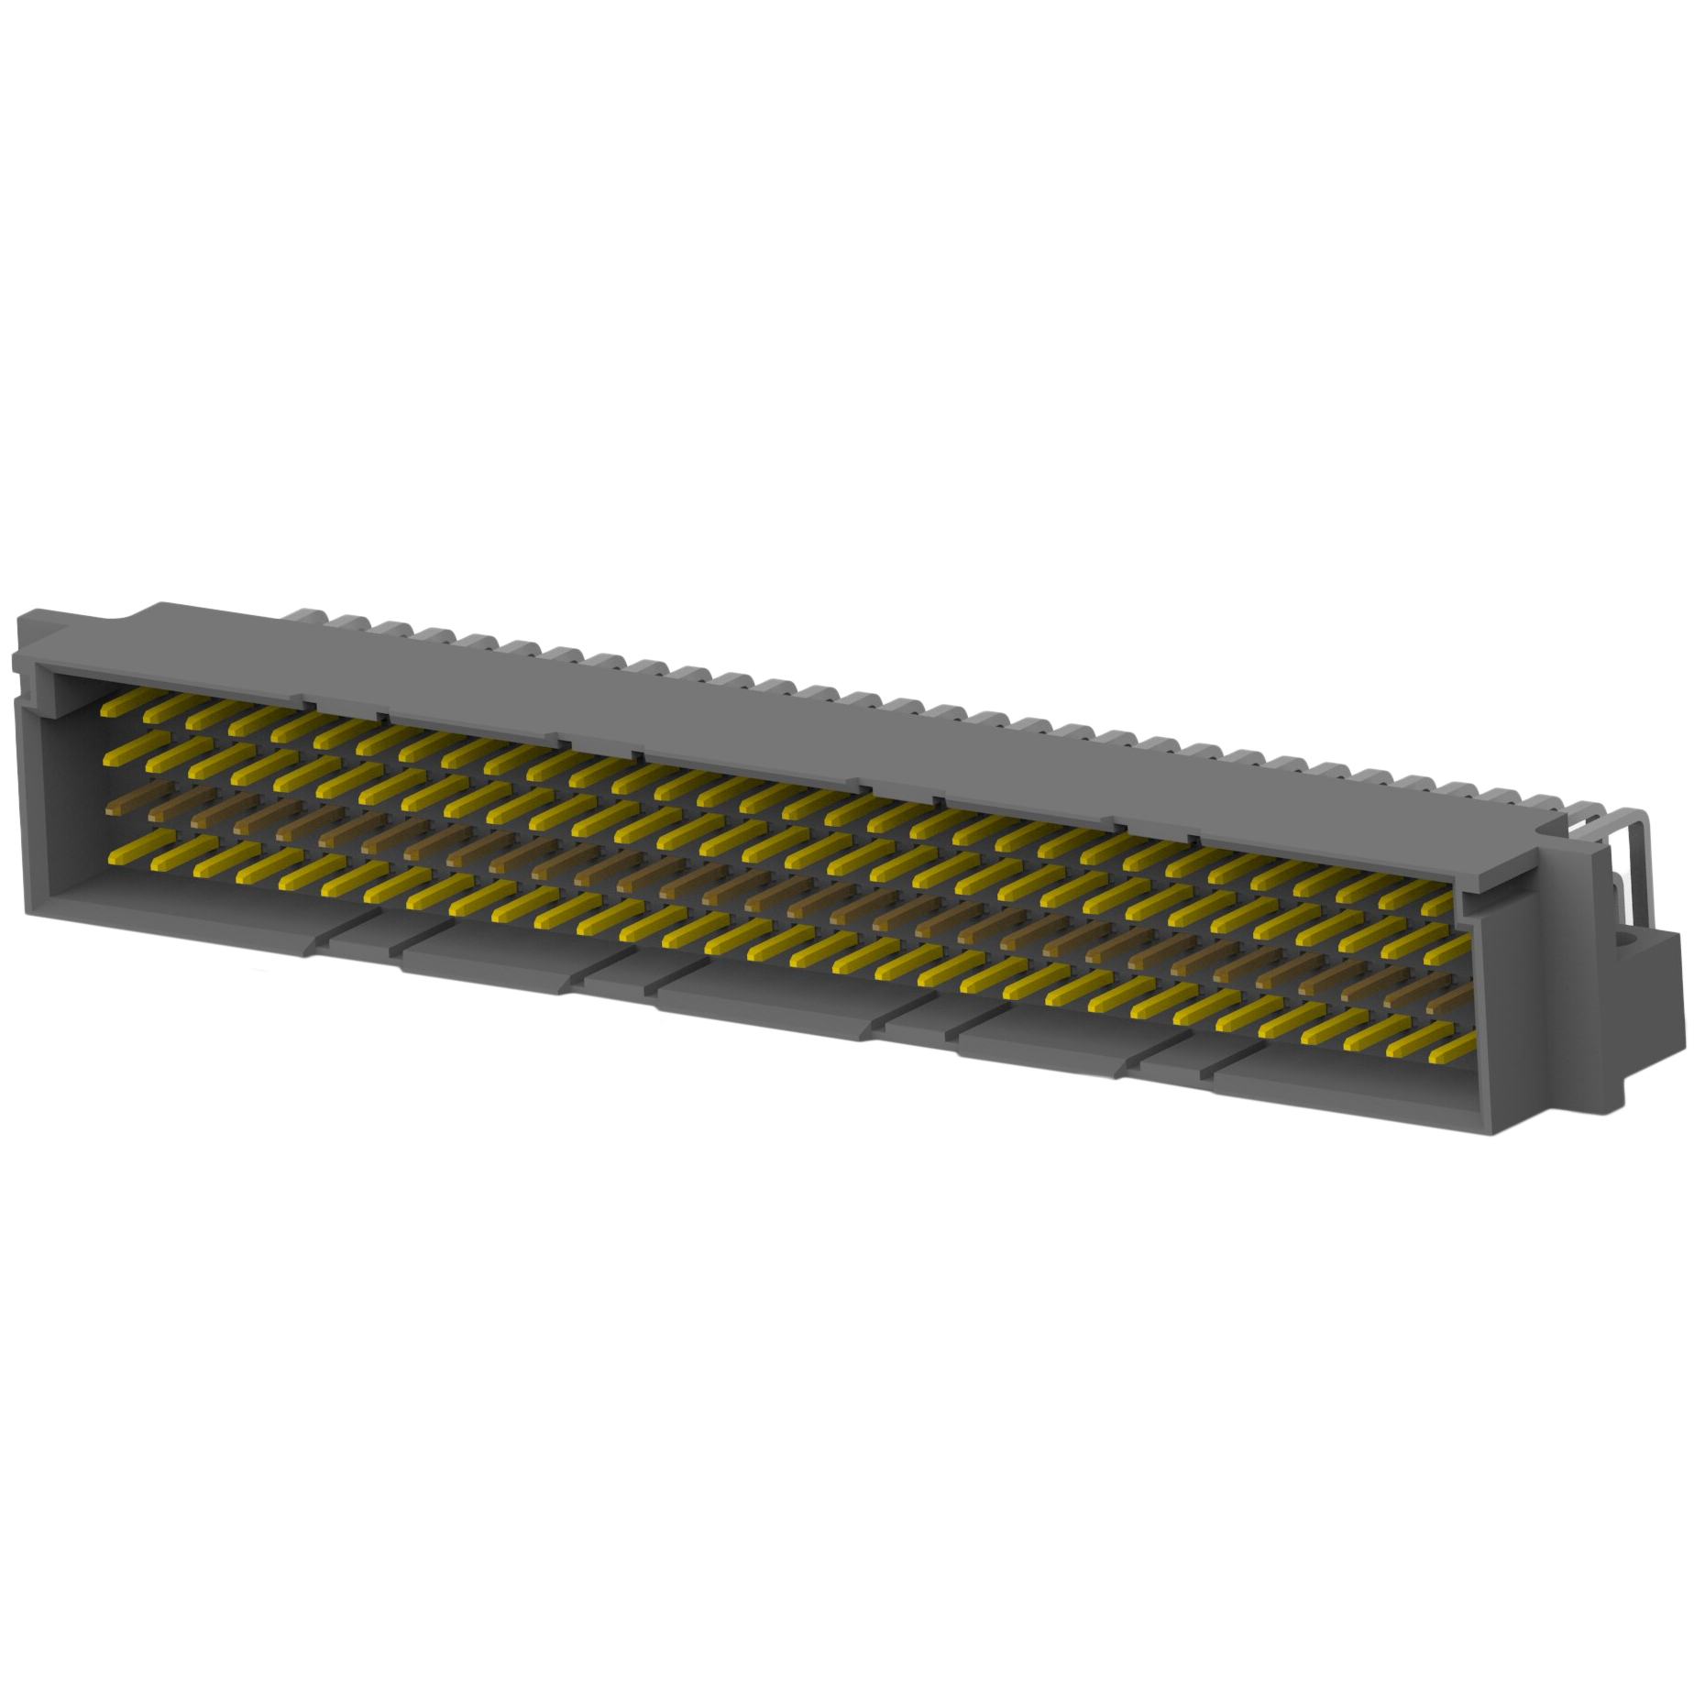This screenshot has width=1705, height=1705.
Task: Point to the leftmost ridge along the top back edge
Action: (x=302, y=610)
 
